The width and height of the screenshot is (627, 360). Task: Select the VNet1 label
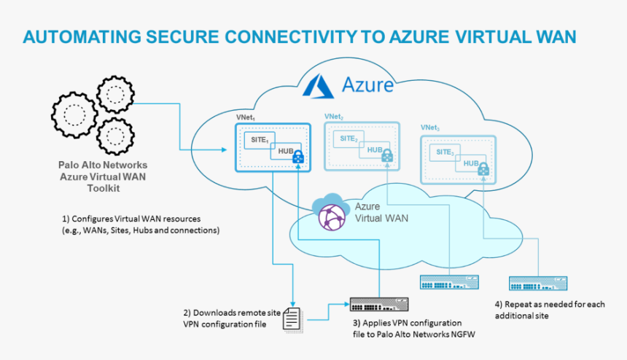point(245,117)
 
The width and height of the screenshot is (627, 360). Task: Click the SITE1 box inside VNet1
point(258,140)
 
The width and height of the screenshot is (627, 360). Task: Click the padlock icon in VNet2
point(387,155)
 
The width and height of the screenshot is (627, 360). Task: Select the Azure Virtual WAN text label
point(380,212)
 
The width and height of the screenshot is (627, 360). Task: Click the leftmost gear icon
point(72,114)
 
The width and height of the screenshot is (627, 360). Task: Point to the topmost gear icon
point(115,94)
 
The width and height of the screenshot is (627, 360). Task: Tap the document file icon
point(292,318)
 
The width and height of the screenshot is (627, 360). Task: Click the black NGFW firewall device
point(378,304)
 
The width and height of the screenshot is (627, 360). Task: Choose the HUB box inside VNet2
point(375,149)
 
